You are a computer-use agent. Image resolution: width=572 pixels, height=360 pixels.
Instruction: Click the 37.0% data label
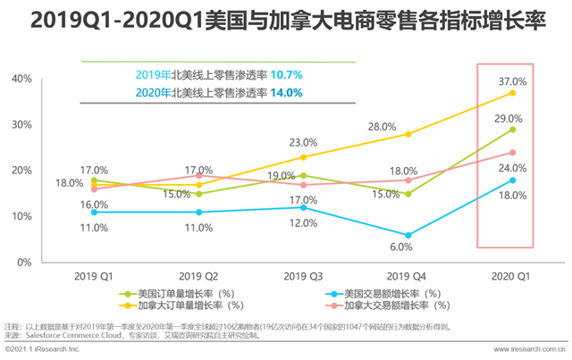click(x=511, y=81)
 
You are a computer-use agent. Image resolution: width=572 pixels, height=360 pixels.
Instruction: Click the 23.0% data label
click(x=303, y=142)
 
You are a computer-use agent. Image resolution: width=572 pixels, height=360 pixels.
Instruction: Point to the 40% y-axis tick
click(x=21, y=79)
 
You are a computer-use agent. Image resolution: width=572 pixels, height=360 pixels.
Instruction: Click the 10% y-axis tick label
click(x=21, y=216)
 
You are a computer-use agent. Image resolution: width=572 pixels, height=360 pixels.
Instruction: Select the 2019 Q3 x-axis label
click(x=302, y=276)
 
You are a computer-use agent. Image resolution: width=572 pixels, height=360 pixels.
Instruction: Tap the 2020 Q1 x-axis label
click(x=512, y=276)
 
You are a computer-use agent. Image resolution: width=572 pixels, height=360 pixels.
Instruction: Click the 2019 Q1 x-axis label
click(x=93, y=276)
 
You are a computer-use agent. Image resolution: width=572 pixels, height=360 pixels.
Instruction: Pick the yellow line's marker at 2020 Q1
click(x=512, y=93)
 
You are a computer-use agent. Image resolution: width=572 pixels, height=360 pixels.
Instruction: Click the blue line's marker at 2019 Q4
click(x=408, y=235)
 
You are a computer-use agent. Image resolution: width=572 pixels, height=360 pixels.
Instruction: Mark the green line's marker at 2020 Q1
click(x=512, y=130)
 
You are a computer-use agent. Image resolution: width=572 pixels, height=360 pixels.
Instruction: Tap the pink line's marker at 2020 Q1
click(x=512, y=152)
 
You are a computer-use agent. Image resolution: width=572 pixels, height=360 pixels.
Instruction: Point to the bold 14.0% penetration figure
click(x=285, y=92)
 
